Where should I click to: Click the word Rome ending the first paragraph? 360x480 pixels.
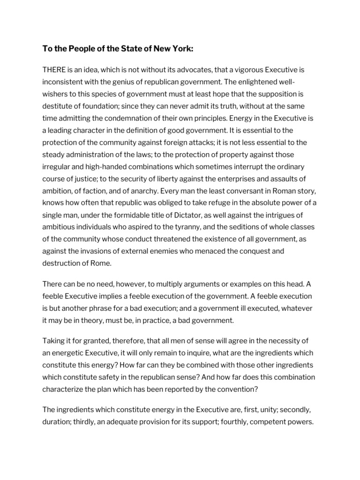click(x=102, y=263)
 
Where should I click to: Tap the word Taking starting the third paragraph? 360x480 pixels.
click(x=54, y=341)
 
